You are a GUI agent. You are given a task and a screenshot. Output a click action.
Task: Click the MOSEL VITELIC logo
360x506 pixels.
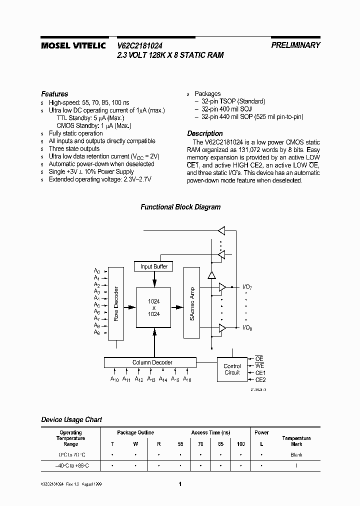[73, 45]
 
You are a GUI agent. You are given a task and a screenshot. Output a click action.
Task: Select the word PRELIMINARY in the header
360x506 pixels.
[295, 45]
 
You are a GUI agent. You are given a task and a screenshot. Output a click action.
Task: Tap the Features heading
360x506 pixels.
[54, 94]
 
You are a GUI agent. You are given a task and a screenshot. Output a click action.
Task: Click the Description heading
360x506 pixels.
[205, 133]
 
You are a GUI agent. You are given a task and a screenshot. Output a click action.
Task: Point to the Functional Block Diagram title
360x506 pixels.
[180, 207]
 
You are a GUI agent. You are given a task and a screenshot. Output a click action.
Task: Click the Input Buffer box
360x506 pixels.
[153, 266]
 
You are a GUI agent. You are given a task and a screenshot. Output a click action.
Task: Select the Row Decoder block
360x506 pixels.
[116, 304]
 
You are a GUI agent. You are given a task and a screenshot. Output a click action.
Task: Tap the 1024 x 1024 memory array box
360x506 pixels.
[153, 307]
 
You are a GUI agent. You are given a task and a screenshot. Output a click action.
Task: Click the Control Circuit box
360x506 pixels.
[232, 369]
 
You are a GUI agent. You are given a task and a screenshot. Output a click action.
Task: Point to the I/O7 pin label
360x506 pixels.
[248, 287]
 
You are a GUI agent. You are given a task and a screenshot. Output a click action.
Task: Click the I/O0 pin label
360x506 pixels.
[248, 327]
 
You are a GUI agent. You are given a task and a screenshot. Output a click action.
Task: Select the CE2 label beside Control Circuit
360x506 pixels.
[260, 380]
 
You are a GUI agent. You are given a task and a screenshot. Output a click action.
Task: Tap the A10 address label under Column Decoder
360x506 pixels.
[115, 379]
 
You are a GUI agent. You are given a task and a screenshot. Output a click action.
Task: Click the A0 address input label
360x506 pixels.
[97, 271]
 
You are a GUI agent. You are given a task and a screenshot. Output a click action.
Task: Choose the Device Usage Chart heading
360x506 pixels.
[71, 419]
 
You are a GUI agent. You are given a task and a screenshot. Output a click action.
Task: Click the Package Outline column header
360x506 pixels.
[135, 432]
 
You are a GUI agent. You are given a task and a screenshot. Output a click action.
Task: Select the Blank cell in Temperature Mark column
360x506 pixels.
[296, 455]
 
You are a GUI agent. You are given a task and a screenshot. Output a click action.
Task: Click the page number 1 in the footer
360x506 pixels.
[180, 484]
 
